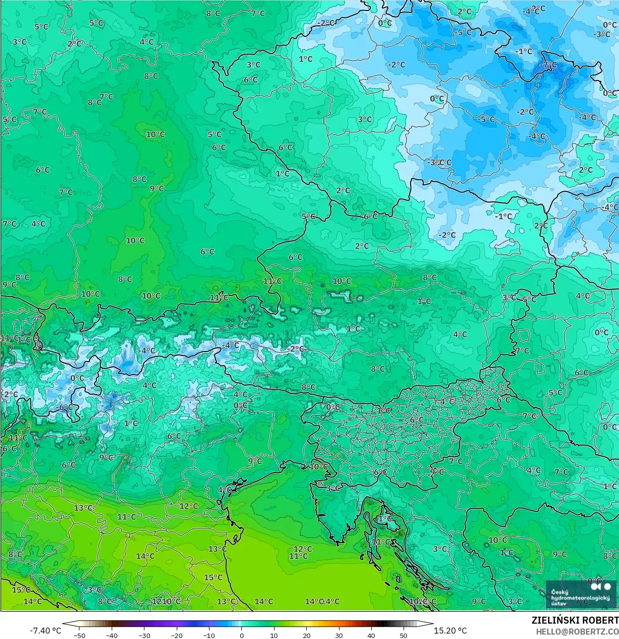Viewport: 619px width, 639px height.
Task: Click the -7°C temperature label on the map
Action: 549,65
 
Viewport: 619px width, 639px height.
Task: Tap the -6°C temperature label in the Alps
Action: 65,408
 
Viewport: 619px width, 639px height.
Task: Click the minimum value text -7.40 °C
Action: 46,631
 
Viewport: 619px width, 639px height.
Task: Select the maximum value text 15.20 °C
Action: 450,631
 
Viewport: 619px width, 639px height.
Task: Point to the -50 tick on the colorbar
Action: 79,635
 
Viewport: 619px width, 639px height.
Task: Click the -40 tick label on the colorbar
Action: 112,635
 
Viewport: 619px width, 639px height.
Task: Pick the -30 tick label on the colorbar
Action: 144,635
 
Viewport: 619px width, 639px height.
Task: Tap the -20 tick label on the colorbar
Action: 177,635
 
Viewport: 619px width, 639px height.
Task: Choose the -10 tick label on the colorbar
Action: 209,635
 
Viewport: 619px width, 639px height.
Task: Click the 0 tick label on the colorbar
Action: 242,635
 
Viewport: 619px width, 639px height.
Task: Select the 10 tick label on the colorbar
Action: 274,635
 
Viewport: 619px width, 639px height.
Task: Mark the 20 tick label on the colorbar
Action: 307,635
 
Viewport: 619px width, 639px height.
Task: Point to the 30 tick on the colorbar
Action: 339,635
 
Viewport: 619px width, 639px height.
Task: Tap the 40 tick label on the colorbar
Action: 371,635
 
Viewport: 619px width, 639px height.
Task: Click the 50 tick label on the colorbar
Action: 404,635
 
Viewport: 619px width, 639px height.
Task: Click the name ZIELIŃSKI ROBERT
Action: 575,620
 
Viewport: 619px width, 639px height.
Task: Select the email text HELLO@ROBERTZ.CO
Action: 577,631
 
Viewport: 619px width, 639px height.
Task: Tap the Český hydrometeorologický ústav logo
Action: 580,594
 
